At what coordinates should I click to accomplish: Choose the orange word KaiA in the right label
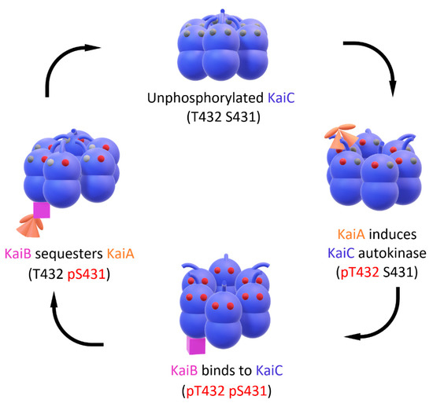(x=350, y=233)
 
